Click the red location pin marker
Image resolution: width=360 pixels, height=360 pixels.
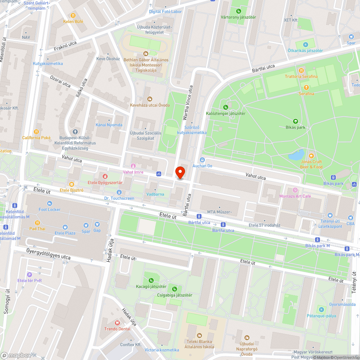point(180,172)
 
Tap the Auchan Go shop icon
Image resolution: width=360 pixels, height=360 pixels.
point(202,160)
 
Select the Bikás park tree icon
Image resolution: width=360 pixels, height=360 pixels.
point(296,121)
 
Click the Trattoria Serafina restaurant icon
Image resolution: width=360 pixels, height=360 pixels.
point(301,71)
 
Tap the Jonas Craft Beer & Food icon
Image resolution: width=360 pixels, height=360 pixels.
point(311,156)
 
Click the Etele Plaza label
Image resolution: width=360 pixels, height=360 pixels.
point(65,233)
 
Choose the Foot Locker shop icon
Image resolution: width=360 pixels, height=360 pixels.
point(50,203)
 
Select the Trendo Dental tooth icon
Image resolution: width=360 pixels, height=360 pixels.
point(117,323)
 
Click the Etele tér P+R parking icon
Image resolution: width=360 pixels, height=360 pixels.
point(30,275)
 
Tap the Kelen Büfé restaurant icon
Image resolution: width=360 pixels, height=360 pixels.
point(73,15)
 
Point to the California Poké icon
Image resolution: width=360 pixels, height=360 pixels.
point(36,132)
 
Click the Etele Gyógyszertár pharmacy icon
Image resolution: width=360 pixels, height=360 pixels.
point(105,176)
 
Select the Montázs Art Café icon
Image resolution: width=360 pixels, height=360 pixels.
point(295,190)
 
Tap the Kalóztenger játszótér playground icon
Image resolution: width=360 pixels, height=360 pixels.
point(226,107)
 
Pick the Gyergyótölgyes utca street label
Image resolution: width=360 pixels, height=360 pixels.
point(49,254)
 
